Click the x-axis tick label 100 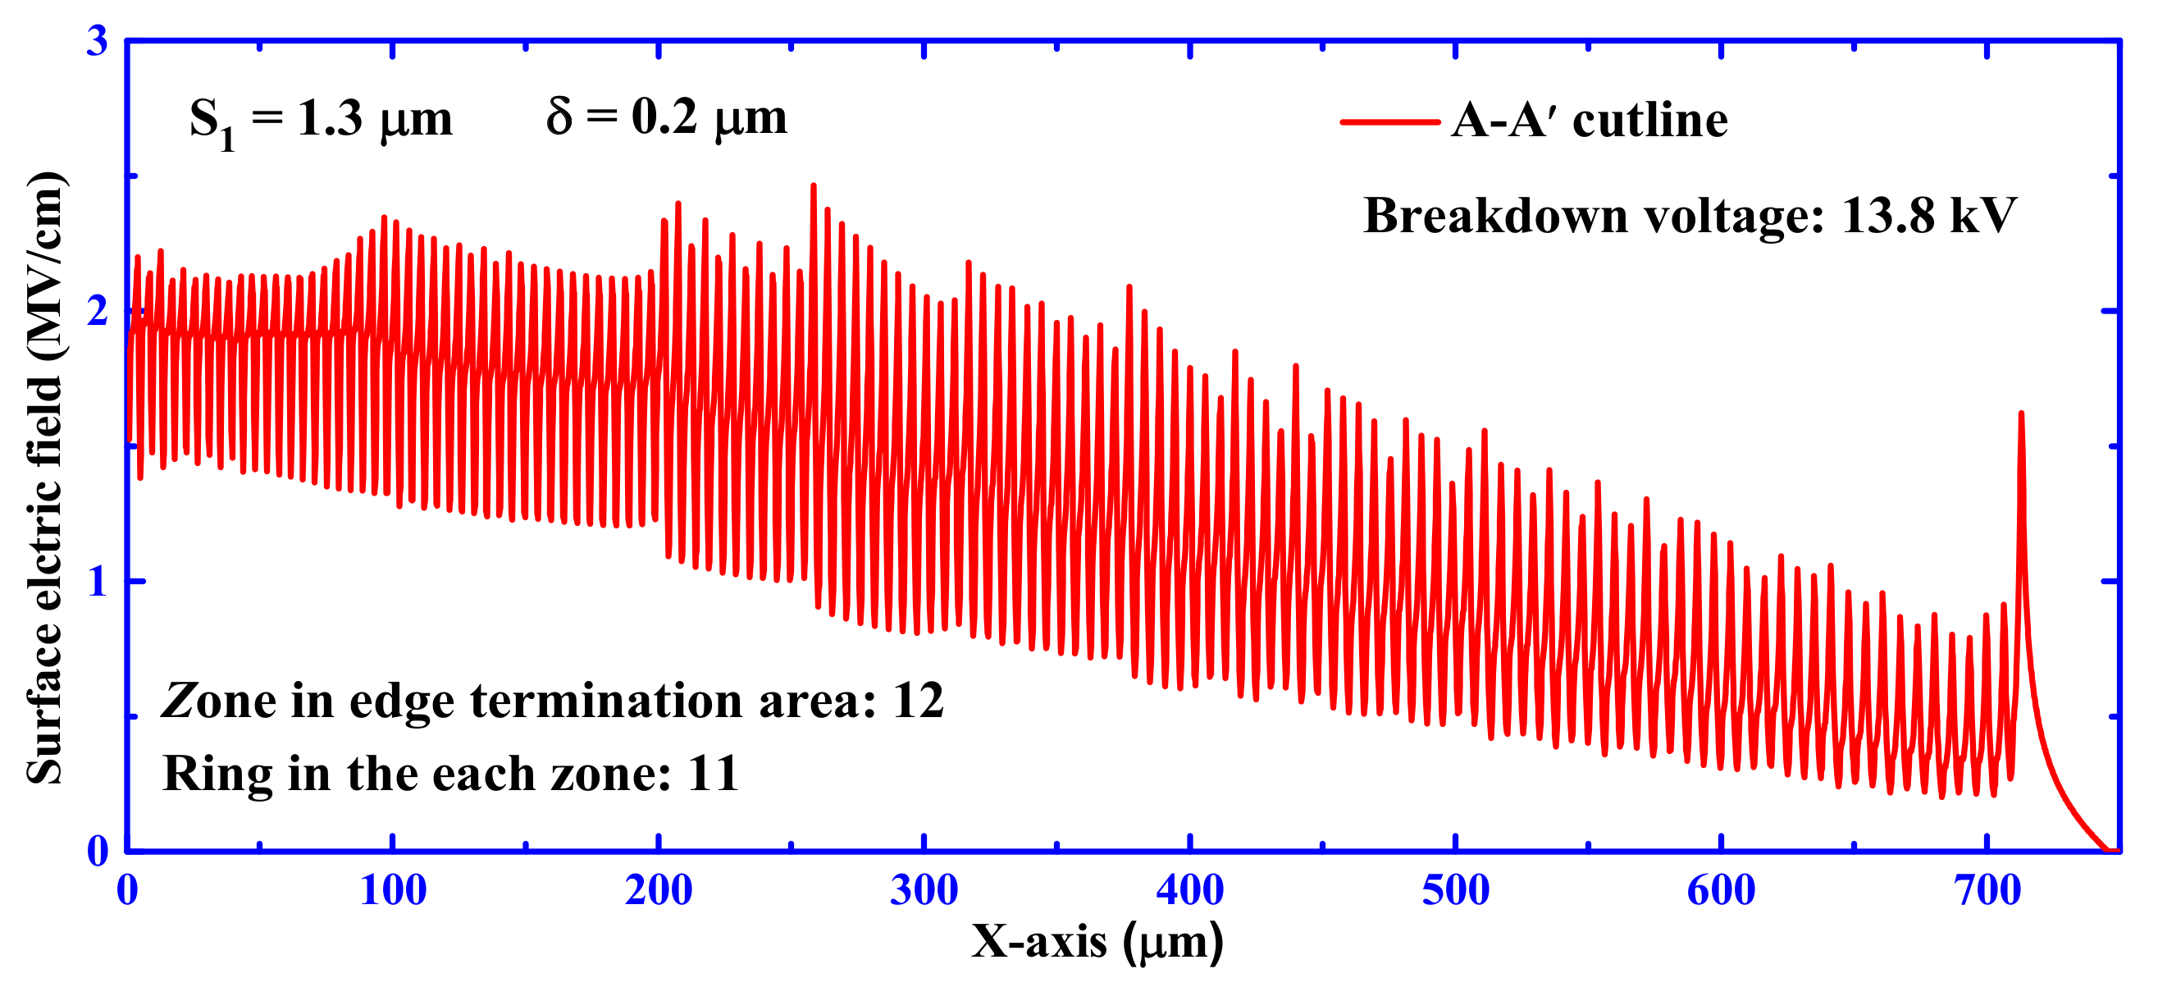click(393, 890)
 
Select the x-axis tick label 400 click(1189, 890)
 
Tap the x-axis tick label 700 click(1988, 890)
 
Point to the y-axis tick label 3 click(97, 41)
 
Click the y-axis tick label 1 click(97, 582)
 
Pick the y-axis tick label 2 click(97, 312)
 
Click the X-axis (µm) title click(1097, 942)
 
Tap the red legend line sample click(1389, 122)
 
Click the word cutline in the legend click(1649, 121)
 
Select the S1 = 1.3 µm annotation click(321, 121)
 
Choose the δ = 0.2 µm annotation click(667, 117)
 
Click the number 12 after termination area click(918, 701)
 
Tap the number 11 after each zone click(713, 774)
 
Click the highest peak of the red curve click(813, 186)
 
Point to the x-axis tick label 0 click(127, 890)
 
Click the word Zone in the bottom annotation click(220, 701)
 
